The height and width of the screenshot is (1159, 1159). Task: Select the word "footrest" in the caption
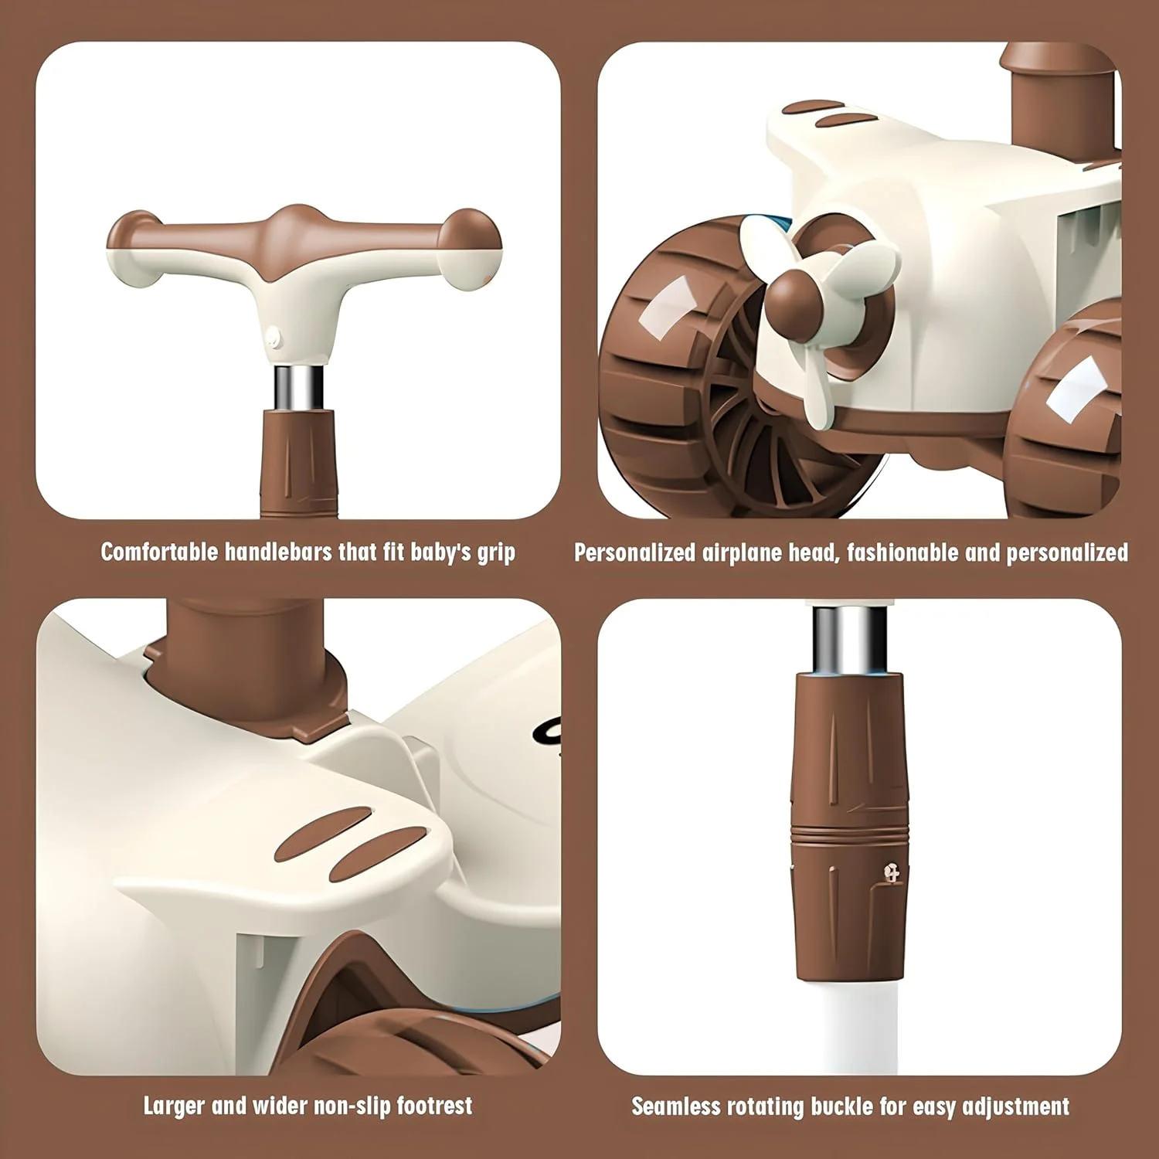tap(434, 1106)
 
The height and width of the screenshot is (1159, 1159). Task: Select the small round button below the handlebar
tap(271, 336)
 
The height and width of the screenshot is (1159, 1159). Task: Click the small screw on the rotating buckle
tap(892, 874)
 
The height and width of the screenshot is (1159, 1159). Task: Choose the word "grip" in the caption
tap(495, 553)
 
